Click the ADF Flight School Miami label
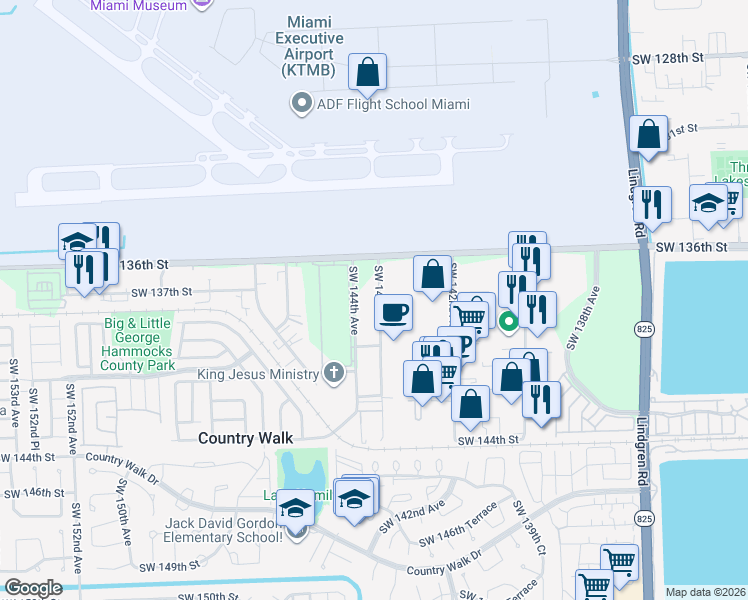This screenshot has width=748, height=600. (x=393, y=104)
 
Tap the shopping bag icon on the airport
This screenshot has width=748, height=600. (x=367, y=72)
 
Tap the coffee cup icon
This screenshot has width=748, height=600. (x=394, y=311)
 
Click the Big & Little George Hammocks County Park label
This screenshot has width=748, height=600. (x=138, y=345)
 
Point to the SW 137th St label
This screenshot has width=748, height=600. (x=162, y=292)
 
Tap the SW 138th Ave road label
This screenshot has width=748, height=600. (x=584, y=318)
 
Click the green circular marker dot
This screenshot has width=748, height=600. (x=508, y=321)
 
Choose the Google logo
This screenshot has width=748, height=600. (x=34, y=588)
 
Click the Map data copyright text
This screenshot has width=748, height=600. (x=706, y=592)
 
